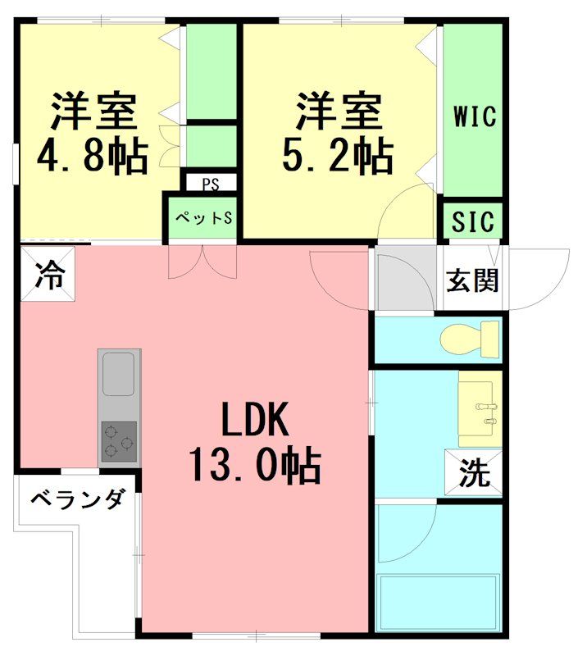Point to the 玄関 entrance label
471,280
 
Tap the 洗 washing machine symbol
473,474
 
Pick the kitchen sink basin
119,376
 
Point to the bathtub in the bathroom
438,604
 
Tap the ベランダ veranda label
79,499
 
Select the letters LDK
253,421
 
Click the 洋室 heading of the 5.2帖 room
339,112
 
